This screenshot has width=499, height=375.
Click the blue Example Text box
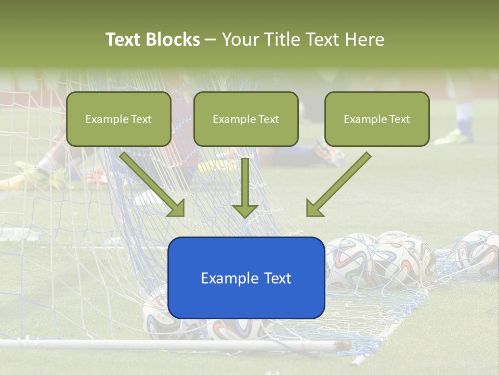click(x=246, y=278)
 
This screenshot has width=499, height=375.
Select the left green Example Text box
click(x=119, y=119)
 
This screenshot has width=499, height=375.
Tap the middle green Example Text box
click(x=246, y=119)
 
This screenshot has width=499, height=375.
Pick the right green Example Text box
click(x=377, y=119)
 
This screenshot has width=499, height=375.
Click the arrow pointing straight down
click(x=245, y=187)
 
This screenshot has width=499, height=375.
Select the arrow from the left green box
click(x=153, y=185)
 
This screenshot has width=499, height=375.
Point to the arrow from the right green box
click(x=338, y=185)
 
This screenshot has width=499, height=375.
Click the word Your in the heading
click(x=240, y=40)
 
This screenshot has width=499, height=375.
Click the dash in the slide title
click(x=211, y=40)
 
